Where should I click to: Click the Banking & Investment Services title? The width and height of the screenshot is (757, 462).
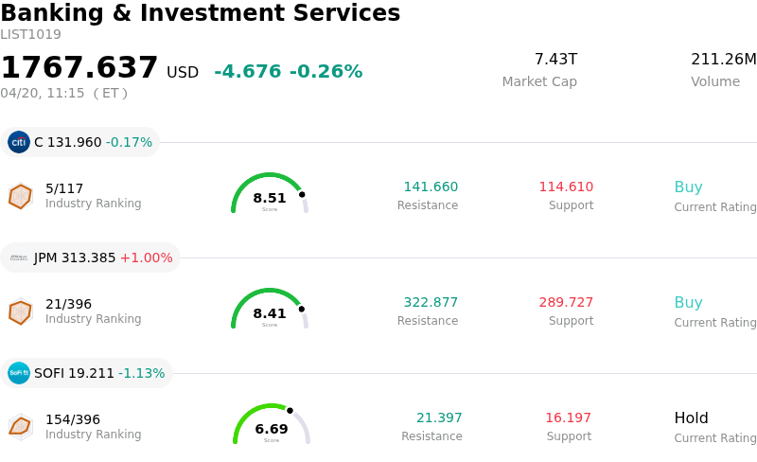click(x=200, y=13)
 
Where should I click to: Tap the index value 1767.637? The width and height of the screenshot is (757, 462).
click(x=79, y=68)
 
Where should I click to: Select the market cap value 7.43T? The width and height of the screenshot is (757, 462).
click(x=555, y=60)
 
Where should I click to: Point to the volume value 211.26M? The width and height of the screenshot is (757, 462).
click(x=723, y=60)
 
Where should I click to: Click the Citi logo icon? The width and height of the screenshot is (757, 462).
click(x=19, y=142)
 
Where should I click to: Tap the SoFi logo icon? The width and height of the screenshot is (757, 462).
click(x=19, y=373)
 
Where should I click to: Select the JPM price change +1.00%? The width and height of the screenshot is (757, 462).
click(x=147, y=258)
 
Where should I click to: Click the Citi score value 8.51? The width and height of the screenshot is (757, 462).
click(x=270, y=198)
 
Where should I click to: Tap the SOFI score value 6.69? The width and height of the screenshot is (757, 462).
click(x=272, y=429)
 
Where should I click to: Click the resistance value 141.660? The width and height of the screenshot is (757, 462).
click(x=431, y=187)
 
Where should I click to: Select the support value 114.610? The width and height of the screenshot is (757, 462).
click(x=566, y=187)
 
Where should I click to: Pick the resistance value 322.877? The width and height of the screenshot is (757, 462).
click(x=431, y=302)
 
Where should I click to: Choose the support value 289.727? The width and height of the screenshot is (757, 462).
click(x=566, y=302)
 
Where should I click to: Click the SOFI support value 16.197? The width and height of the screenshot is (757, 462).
click(x=568, y=418)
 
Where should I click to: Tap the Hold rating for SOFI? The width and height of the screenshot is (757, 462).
click(x=691, y=418)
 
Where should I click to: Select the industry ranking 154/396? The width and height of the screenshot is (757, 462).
click(x=73, y=419)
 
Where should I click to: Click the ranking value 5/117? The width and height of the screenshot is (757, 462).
click(x=64, y=188)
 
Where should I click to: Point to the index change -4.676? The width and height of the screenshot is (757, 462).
click(x=248, y=72)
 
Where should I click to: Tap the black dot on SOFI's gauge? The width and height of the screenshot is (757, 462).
click(x=290, y=411)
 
